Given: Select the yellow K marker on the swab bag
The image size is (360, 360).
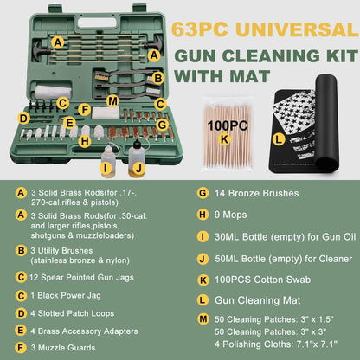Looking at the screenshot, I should coord(223,138).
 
